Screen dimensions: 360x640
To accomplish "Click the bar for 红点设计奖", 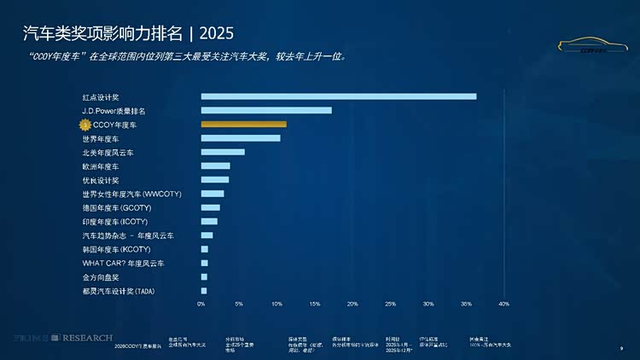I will click(339, 96).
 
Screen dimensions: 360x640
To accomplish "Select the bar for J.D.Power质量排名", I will click(266, 110).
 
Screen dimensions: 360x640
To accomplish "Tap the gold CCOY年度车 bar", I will click(244, 125).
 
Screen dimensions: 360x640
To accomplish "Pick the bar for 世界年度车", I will click(241, 138).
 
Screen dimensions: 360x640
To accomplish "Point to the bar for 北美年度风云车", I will click(223, 152).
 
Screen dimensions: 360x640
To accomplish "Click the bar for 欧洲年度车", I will click(216, 165).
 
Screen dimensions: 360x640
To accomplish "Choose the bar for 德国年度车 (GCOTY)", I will click(211, 207).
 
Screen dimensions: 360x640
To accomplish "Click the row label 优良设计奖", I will click(101, 180).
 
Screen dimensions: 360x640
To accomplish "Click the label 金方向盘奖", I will click(101, 276).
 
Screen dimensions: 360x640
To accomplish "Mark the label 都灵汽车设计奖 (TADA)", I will click(119, 291).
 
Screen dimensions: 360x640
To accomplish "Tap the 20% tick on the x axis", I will click(352, 304).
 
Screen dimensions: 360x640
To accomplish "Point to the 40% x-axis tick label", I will click(503, 304).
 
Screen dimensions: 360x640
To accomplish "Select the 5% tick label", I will click(239, 304).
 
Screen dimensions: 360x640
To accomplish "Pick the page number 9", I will click(620, 348).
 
